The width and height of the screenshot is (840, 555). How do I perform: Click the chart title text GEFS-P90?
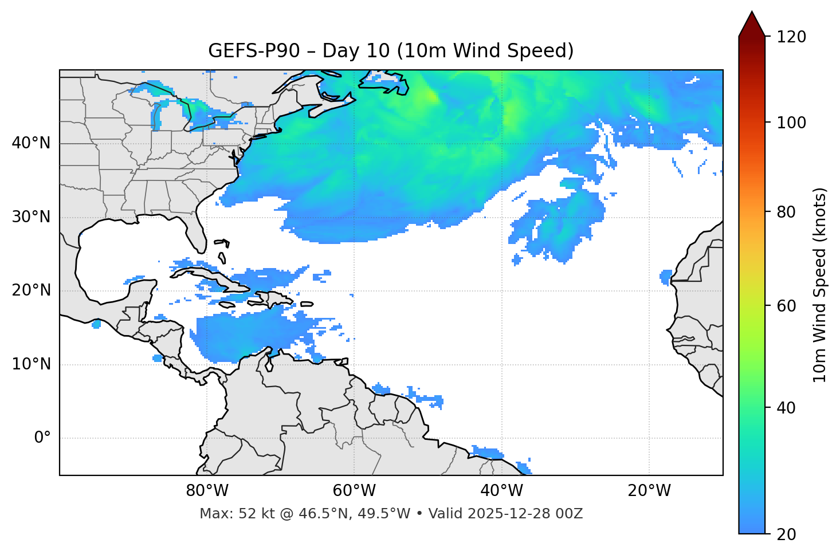254,51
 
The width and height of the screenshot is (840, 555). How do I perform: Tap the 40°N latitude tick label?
31,143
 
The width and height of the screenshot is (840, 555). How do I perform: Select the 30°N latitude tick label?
31,217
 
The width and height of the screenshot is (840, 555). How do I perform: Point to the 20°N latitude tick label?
31,290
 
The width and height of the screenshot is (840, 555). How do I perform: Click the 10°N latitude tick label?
31,364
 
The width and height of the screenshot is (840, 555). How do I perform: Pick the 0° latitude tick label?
42,438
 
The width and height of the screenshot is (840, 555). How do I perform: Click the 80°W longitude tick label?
207,491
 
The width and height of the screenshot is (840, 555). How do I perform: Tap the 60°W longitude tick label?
354,491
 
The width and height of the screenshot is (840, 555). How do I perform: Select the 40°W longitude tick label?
501,491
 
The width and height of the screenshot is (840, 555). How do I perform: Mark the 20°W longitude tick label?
649,491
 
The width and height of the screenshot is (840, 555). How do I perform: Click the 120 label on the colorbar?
791,37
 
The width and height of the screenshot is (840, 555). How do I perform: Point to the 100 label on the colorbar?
791,123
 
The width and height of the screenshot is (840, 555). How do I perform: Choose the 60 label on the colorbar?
786,306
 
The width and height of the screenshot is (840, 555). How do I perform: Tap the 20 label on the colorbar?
786,534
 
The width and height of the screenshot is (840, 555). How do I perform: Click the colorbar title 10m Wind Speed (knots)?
820,285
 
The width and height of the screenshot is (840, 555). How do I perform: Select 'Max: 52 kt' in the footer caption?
226,514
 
